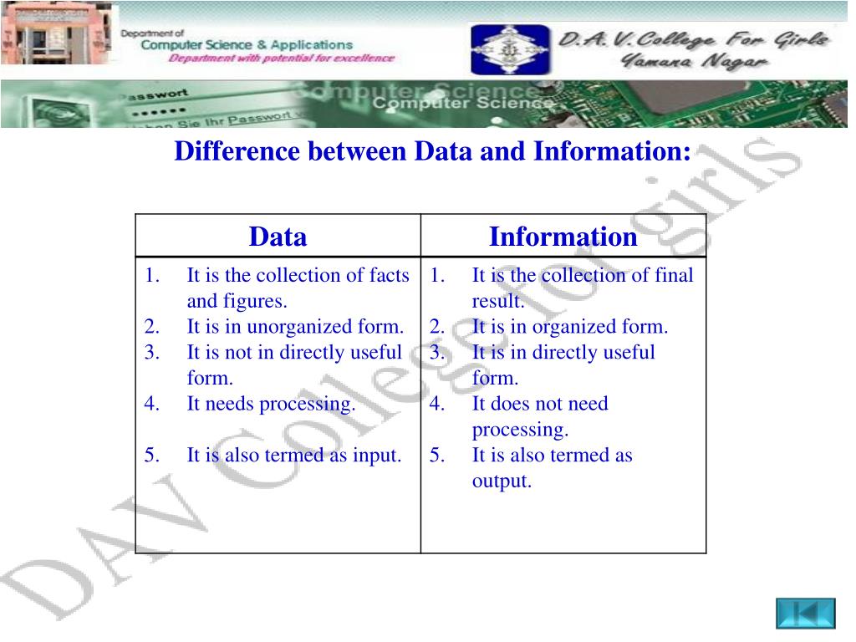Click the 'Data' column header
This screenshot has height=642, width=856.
pyautogui.click(x=278, y=237)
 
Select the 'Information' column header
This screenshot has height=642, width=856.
pyautogui.click(x=563, y=237)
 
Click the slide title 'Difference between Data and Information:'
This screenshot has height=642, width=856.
pyautogui.click(x=432, y=152)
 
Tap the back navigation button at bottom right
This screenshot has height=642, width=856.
pyautogui.click(x=805, y=613)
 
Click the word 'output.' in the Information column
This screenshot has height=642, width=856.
pyautogui.click(x=502, y=481)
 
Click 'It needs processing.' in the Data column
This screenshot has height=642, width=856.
pyautogui.click(x=271, y=404)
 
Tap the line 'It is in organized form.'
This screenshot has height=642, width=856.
pyautogui.click(x=570, y=327)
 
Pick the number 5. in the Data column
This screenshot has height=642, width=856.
pyautogui.click(x=151, y=456)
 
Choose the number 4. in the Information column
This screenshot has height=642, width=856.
pyautogui.click(x=437, y=404)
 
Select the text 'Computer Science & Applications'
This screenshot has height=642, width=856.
pyautogui.click(x=247, y=44)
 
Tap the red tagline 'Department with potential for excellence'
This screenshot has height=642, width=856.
pyautogui.click(x=281, y=59)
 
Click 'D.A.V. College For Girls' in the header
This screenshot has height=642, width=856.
pyautogui.click(x=693, y=38)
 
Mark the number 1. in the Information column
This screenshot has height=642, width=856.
pyautogui.click(x=437, y=275)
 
